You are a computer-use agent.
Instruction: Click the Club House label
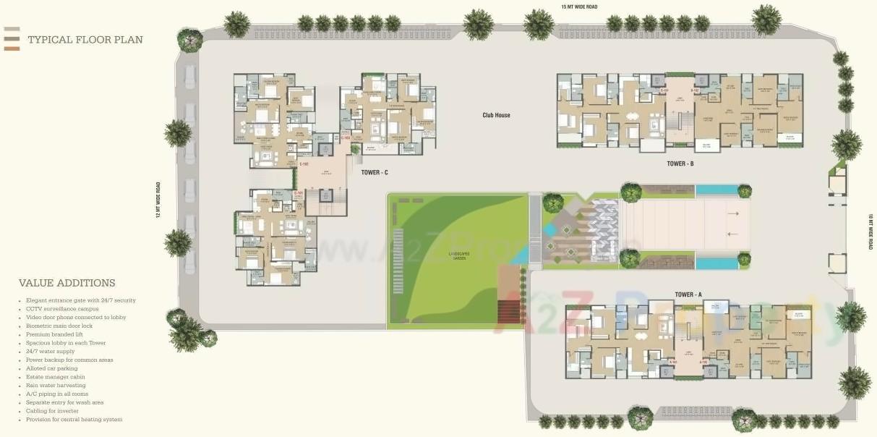click(x=497, y=115)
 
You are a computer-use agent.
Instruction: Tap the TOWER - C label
click(x=375, y=172)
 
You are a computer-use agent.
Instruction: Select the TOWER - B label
click(x=680, y=164)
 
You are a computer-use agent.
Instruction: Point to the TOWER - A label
click(x=688, y=294)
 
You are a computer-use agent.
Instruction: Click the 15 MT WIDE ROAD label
click(x=580, y=7)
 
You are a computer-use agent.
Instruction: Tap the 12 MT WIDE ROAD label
click(x=158, y=200)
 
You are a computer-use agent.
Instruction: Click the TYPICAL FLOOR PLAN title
click(x=85, y=40)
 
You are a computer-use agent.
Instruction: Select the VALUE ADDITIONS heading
click(x=67, y=283)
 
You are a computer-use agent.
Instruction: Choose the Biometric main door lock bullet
click(x=59, y=326)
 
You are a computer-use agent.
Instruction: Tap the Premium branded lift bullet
click(x=55, y=335)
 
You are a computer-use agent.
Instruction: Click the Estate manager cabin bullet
click(x=56, y=377)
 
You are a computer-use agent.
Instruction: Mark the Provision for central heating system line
click(x=74, y=420)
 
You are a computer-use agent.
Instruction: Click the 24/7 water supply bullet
click(x=50, y=352)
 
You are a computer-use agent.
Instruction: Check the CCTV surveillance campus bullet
click(x=61, y=309)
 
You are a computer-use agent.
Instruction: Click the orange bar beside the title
click(x=12, y=48)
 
